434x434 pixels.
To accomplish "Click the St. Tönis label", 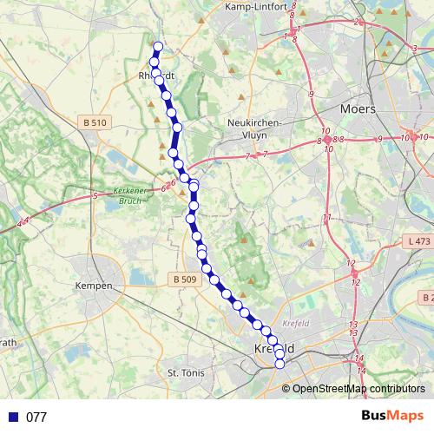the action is pos(184,372).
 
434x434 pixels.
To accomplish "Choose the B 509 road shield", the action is pos(184,279).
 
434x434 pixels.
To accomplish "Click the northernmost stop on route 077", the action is pos(157,47).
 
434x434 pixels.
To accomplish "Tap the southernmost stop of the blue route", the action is pos(279,365).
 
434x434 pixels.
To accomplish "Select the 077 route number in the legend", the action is pos(36,417).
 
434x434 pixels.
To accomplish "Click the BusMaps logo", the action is pos(392,416).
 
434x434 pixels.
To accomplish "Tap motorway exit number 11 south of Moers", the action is pos(327,217).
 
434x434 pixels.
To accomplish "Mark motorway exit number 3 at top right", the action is pos(415,48).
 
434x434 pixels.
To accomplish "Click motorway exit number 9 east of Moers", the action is pos(379,139).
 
